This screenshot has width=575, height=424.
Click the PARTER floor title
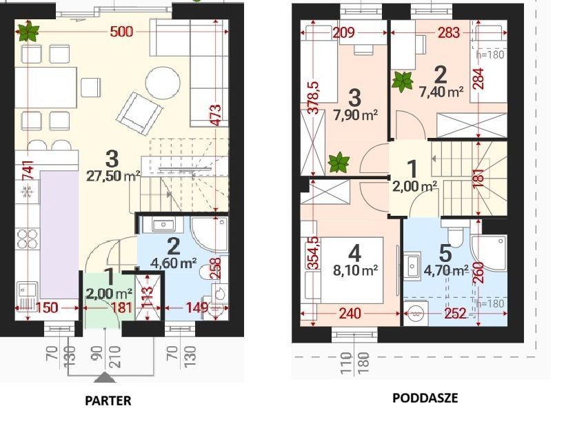pyautogui.click(x=108, y=400)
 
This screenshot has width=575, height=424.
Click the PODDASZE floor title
pyautogui.click(x=425, y=398)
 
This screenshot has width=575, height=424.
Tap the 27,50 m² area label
pyautogui.click(x=113, y=176)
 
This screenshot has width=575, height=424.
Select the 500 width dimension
pyautogui.click(x=121, y=32)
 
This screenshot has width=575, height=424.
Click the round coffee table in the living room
pyautogui.click(x=163, y=83)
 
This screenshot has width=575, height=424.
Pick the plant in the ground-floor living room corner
pyautogui.click(x=28, y=32)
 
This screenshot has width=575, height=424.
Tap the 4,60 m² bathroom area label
pyautogui.click(x=174, y=263)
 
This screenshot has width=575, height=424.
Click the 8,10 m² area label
pyautogui.click(x=355, y=271)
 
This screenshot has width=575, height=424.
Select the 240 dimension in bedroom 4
pyautogui.click(x=350, y=314)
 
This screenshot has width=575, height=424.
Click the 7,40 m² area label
pyautogui.click(x=441, y=92)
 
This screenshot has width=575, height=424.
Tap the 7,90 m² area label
pyautogui.click(x=356, y=115)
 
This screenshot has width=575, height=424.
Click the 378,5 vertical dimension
pyautogui.click(x=314, y=98)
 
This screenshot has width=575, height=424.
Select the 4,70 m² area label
pyautogui.click(x=446, y=271)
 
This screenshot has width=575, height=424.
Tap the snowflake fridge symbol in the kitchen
pyautogui.click(x=27, y=192)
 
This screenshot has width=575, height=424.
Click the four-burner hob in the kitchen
pyautogui.click(x=27, y=239)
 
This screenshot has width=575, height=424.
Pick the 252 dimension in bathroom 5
pyautogui.click(x=455, y=314)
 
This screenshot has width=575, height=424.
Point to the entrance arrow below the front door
pyautogui.click(x=105, y=377)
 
